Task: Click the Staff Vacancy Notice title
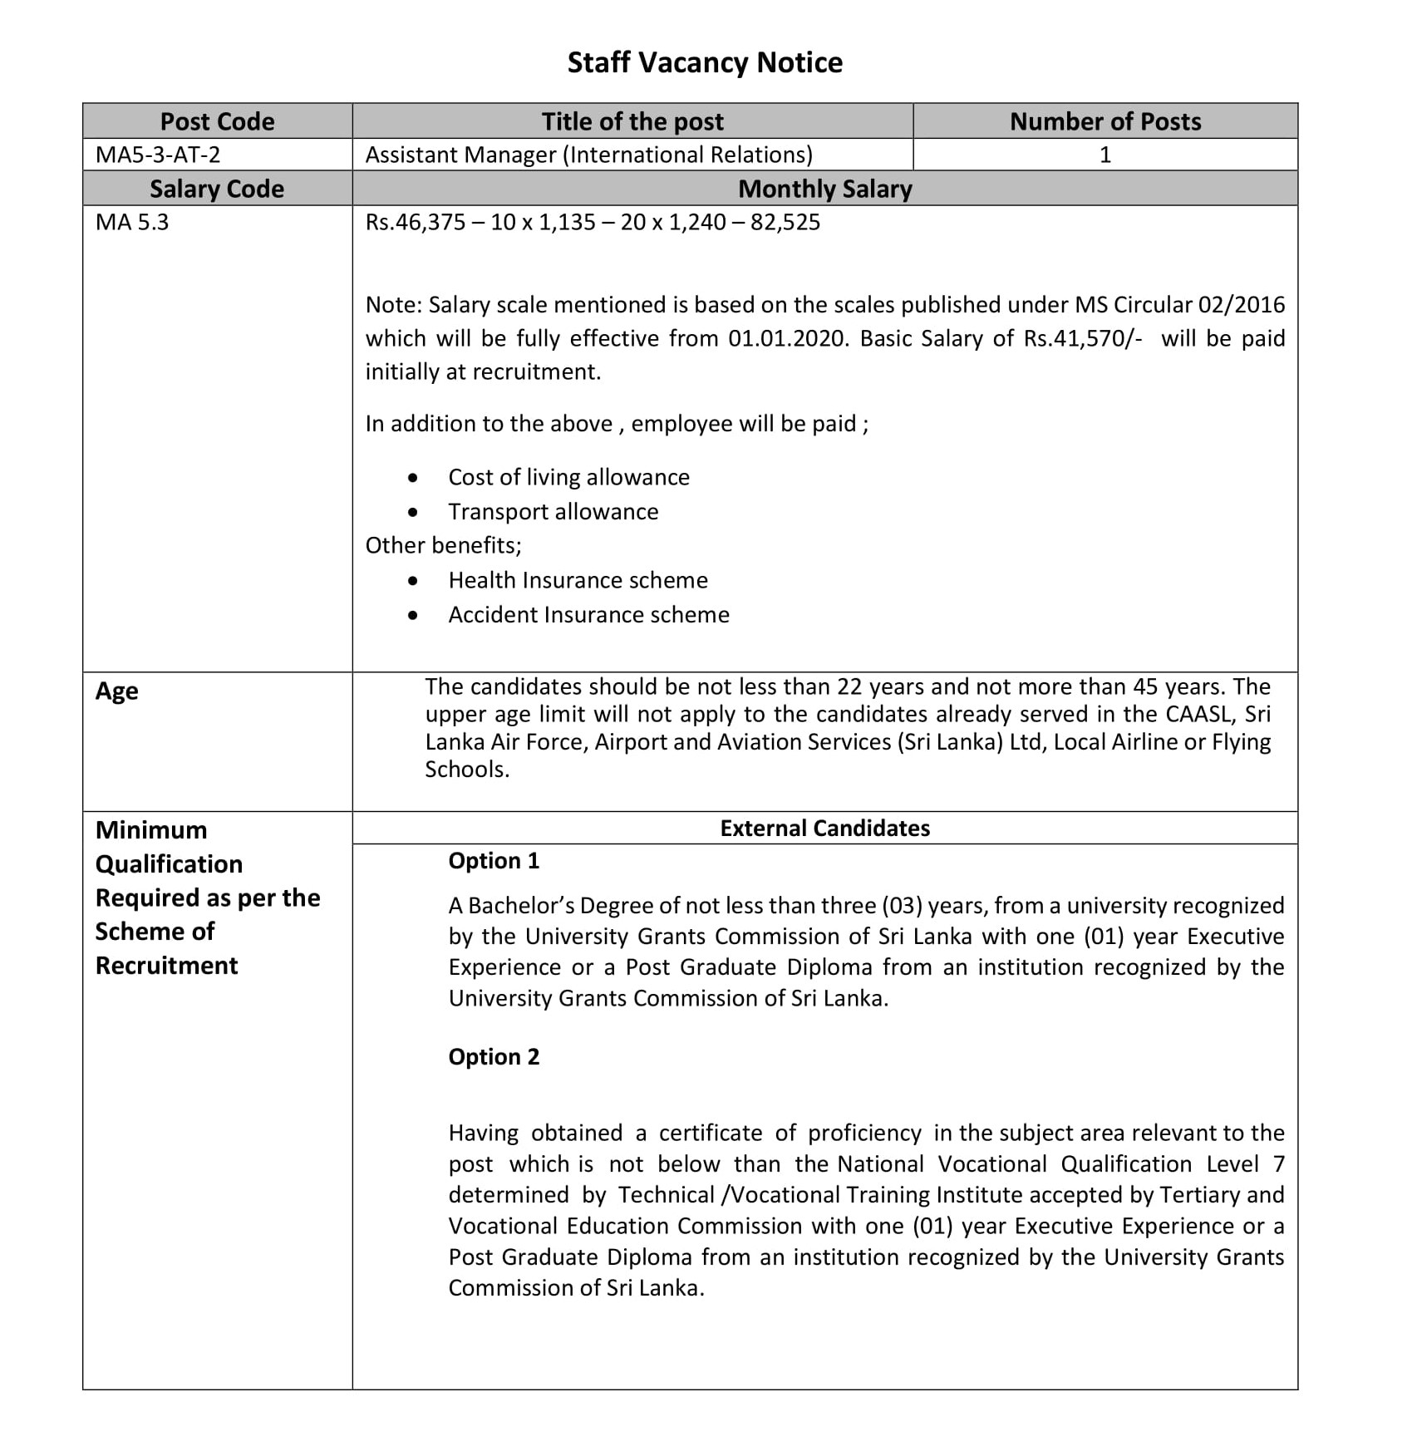(705, 63)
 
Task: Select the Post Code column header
(217, 121)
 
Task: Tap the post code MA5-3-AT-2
(158, 155)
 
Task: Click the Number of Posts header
(1105, 121)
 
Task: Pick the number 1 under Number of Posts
(1105, 155)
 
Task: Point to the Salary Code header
(217, 189)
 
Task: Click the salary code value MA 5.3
(132, 223)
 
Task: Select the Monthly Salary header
(824, 189)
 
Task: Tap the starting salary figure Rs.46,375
(416, 223)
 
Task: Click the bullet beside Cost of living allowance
(413, 478)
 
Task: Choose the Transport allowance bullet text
(553, 512)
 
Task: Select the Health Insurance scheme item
(578, 580)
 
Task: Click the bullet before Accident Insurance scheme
(413, 616)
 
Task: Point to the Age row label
(116, 691)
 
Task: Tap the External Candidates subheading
(824, 829)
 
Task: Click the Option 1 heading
(494, 861)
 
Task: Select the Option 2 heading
(494, 1057)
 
